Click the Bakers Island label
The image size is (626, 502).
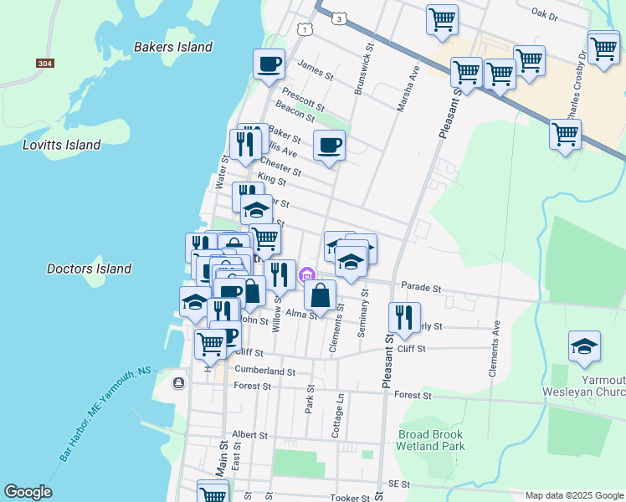click(x=173, y=47)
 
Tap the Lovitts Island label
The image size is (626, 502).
click(x=61, y=145)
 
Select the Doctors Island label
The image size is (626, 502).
click(x=89, y=269)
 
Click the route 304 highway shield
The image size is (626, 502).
click(x=45, y=64)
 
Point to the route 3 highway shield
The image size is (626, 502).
click(x=337, y=17)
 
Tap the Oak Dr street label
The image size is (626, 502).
click(x=550, y=13)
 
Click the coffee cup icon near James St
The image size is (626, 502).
click(x=269, y=64)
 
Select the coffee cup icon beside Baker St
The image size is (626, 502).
click(x=329, y=146)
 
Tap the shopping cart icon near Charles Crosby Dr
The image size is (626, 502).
click(x=565, y=133)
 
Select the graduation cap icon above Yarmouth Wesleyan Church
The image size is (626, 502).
click(x=584, y=346)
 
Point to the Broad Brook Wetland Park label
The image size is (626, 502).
click(x=431, y=440)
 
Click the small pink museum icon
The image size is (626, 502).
click(x=307, y=274)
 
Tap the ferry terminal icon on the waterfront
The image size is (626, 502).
click(x=178, y=382)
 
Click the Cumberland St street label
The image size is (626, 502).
click(x=265, y=371)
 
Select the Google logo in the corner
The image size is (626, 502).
click(x=28, y=492)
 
